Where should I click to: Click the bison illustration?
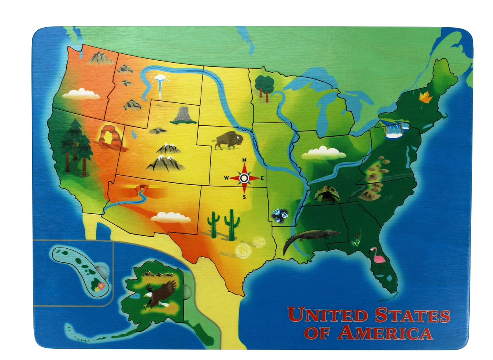coord(228,140)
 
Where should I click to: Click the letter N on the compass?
coord(244,160)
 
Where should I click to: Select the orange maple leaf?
coord(425,97)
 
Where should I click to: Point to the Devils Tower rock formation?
coord(184,115)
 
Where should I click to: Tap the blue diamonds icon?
coord(279,215)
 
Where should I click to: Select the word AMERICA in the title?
coord(386,333)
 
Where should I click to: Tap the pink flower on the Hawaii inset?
coord(100,286)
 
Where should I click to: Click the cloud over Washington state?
coord(81,94)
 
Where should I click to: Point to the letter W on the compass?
coord(226,178)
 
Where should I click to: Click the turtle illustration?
coord(327,195)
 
